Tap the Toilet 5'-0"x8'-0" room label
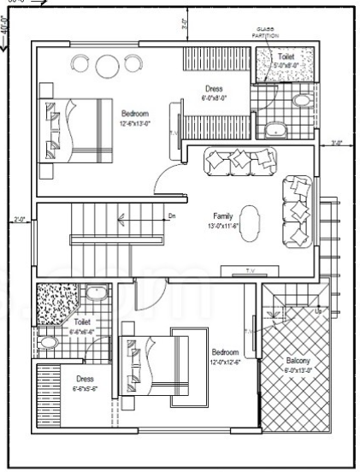tap(287, 59)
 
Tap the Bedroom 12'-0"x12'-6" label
tap(226, 357)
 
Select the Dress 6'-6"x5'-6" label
tap(84, 382)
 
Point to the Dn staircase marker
tap(172, 216)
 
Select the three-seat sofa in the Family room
tap(241, 160)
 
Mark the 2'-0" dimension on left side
tap(21, 220)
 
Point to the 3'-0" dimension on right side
tap(336, 144)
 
